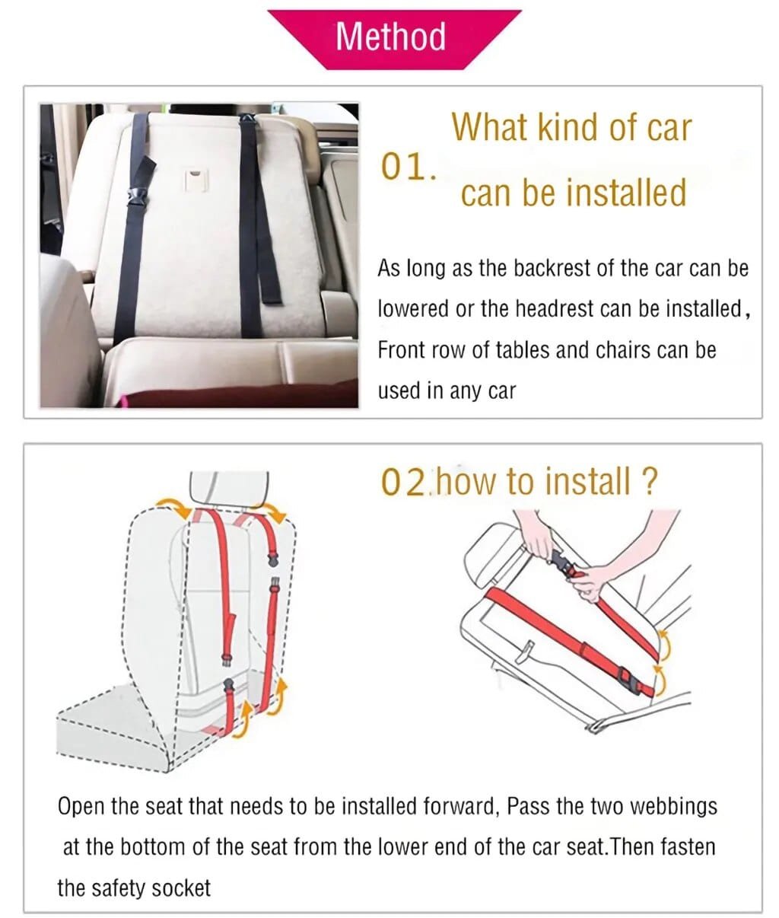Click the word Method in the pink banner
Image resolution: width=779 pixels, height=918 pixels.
coord(390,36)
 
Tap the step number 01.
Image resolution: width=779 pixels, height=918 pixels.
coord(408,167)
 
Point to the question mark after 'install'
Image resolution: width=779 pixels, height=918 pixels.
coord(648,482)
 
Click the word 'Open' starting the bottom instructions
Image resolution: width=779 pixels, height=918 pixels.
coord(81,805)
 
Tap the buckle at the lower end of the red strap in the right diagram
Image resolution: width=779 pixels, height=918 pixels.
coord(628,677)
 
